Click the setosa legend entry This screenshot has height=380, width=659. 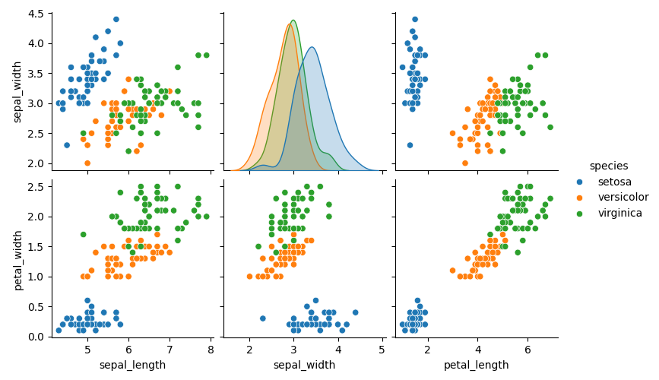coord(614,182)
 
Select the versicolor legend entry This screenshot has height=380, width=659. coord(623,197)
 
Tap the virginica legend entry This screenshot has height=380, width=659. coord(619,213)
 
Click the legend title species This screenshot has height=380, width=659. coord(608,166)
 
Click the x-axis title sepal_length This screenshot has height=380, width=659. coord(132,366)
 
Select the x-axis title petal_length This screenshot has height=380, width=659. coord(477,366)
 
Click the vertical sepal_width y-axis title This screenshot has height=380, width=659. coord(18,90)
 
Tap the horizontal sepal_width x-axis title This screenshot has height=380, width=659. coord(304,366)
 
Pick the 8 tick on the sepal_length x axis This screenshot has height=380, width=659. coord(211,350)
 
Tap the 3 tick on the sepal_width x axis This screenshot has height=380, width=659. coord(293,350)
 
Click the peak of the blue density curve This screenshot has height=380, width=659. coord(312,47)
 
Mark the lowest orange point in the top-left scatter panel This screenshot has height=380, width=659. coord(87,163)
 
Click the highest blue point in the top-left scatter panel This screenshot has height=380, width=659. coord(116,19)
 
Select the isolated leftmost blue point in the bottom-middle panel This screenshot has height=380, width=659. coord(263,318)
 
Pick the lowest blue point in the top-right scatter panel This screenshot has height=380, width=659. coord(410,144)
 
